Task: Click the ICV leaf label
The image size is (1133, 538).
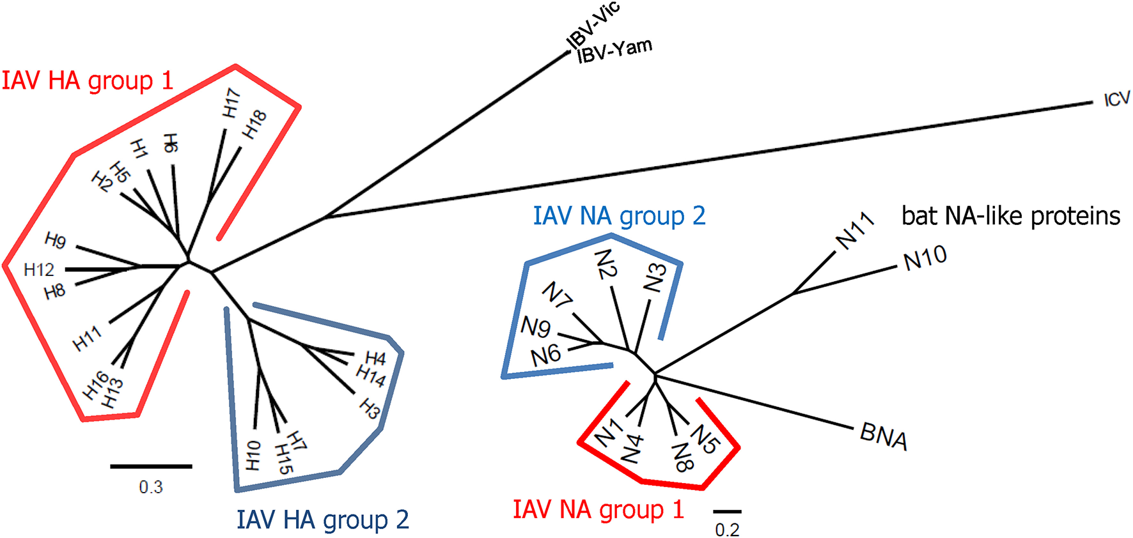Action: pyautogui.click(x=1116, y=100)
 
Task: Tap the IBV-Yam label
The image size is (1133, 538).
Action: pyautogui.click(x=614, y=50)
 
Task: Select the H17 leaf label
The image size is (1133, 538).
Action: pyautogui.click(x=231, y=104)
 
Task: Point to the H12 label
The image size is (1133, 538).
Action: pyautogui.click(x=39, y=270)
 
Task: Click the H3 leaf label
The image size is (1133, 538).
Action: pyautogui.click(x=370, y=408)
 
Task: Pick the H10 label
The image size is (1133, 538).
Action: pyautogui.click(x=253, y=455)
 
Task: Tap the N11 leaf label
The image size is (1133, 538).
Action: pyautogui.click(x=855, y=231)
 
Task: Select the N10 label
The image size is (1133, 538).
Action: pyautogui.click(x=925, y=258)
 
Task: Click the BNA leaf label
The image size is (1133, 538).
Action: pyautogui.click(x=884, y=437)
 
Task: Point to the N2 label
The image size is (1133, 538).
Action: pyautogui.click(x=606, y=265)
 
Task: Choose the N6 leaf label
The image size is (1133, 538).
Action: pyautogui.click(x=545, y=355)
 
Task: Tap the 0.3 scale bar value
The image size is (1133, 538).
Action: pyautogui.click(x=151, y=488)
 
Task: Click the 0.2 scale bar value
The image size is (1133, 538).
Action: pyautogui.click(x=727, y=530)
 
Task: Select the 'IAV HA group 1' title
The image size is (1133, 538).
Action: pyautogui.click(x=88, y=81)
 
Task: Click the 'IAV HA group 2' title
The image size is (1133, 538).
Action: pyautogui.click(x=322, y=520)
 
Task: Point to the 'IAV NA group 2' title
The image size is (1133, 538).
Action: pyautogui.click(x=619, y=216)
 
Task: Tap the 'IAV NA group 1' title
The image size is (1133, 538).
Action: pyautogui.click(x=598, y=510)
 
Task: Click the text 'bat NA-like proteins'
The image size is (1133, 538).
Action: pyautogui.click(x=1010, y=216)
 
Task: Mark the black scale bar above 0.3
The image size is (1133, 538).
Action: pyautogui.click(x=151, y=466)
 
